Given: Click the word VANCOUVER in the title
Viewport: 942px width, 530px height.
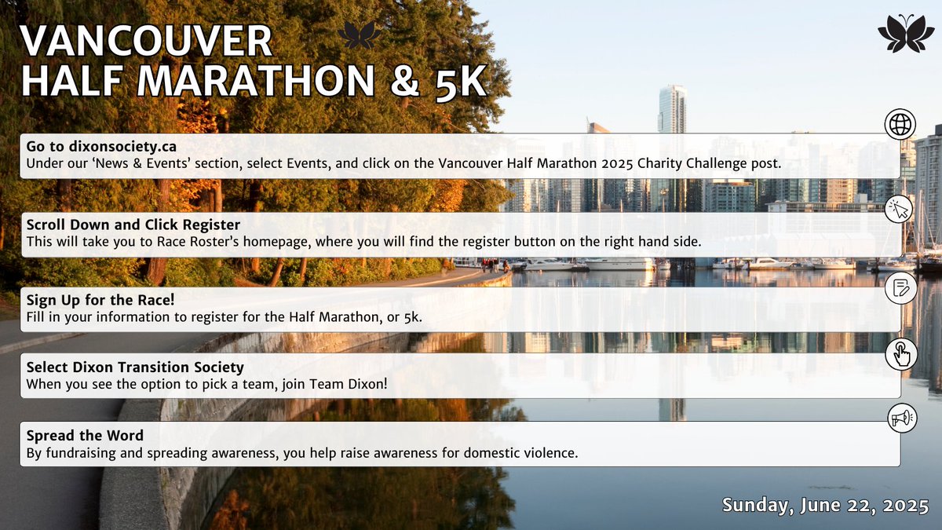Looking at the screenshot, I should click(147, 41).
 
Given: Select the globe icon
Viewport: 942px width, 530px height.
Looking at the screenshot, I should click(900, 124).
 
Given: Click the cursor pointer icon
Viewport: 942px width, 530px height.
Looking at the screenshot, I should click(900, 210).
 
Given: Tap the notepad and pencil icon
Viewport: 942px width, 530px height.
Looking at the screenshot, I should click(900, 287).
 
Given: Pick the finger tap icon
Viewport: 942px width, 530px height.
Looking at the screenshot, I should click(900, 354).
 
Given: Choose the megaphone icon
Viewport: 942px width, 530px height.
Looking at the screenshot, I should click(900, 419).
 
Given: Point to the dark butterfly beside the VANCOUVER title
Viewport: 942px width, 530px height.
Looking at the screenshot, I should click(361, 35).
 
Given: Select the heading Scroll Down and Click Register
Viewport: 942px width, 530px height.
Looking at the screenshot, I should click(133, 225).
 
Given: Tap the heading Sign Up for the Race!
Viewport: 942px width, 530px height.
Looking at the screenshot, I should click(100, 299).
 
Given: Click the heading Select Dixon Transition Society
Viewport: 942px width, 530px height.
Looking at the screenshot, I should click(135, 367).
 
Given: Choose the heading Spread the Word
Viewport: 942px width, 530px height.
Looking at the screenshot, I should click(85, 435).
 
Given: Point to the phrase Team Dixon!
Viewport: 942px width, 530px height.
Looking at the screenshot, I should click(349, 385).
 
